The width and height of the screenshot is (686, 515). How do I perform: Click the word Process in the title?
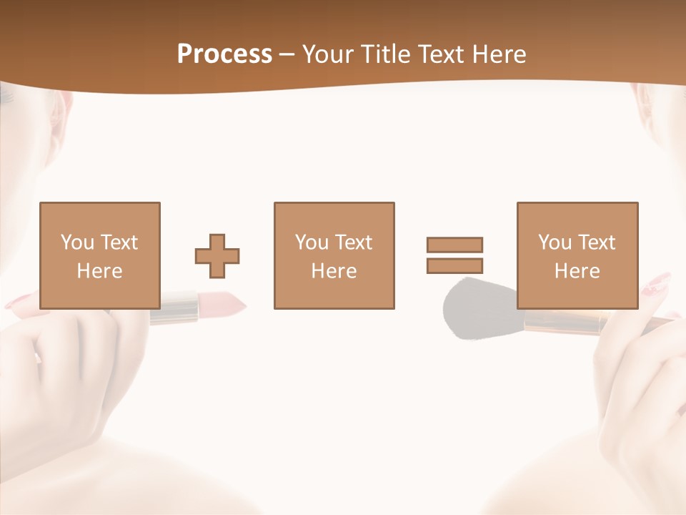click(224, 54)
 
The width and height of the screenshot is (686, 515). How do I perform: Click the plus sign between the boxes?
click(217, 256)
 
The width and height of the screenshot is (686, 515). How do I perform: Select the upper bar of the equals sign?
click(454, 245)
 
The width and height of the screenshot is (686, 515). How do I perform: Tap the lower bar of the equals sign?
click(454, 266)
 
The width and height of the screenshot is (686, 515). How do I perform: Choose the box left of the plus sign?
click(100, 255)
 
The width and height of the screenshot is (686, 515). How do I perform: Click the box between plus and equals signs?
click(334, 255)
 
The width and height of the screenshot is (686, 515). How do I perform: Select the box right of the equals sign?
click(577, 255)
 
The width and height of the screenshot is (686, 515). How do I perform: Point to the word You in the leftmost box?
click(76, 242)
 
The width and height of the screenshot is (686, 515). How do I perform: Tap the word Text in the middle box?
click(354, 242)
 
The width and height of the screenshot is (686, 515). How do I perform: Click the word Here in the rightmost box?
click(577, 271)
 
